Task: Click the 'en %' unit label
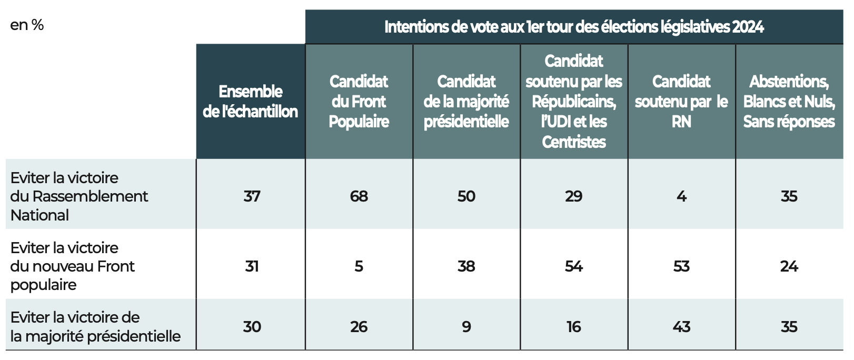[x=27, y=25]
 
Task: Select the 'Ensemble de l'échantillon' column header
[x=251, y=101]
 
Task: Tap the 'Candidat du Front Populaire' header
[x=359, y=101]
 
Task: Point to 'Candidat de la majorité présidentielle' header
[x=466, y=101]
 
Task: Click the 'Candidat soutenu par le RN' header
[x=681, y=101]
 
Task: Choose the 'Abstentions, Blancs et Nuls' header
[x=789, y=101]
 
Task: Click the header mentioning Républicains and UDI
[x=574, y=101]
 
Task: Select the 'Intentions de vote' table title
[x=574, y=27]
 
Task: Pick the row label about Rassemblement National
[x=79, y=196]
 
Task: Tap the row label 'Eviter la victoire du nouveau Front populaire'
[x=72, y=266]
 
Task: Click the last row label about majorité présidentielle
[x=95, y=326]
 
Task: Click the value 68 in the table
[x=359, y=196]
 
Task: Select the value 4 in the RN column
[x=681, y=196]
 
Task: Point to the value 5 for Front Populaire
[x=359, y=266]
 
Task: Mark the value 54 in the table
[x=574, y=266]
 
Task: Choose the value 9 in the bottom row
[x=466, y=327]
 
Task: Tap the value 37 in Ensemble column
[x=252, y=196]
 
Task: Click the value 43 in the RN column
[x=681, y=327]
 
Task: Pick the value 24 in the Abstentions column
[x=789, y=266]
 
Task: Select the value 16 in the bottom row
[x=574, y=327]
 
